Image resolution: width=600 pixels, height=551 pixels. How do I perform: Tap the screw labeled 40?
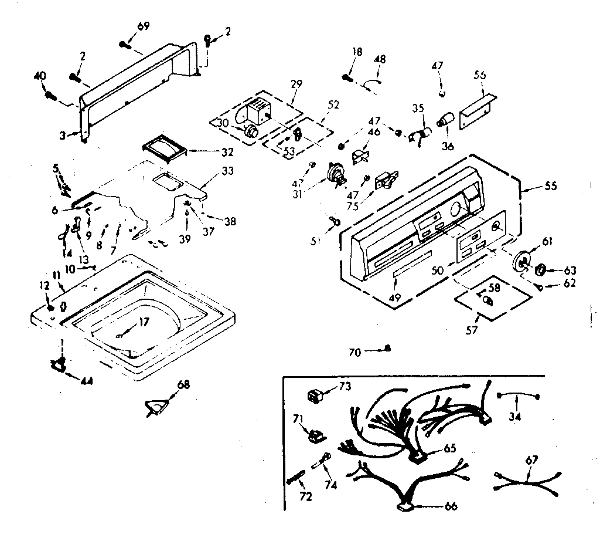(49, 94)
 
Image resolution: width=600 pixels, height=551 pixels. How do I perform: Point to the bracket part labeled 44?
(59, 366)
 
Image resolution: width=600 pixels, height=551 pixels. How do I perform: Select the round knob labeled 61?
(522, 262)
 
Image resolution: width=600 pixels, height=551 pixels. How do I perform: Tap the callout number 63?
(570, 271)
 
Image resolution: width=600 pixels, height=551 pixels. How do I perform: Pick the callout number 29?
(296, 84)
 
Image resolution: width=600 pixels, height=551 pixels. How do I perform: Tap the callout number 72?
(305, 497)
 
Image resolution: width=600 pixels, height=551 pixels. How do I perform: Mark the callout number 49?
(394, 298)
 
